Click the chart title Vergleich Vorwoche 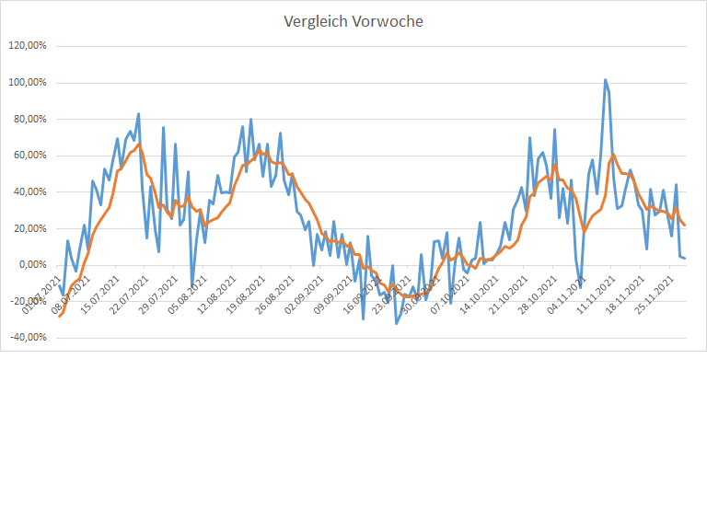[x=353, y=21]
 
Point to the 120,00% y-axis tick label [x=27, y=46]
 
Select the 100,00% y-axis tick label [x=27, y=83]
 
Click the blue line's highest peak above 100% [x=605, y=80]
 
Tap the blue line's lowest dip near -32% [x=397, y=323]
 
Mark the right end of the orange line [x=684, y=226]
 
